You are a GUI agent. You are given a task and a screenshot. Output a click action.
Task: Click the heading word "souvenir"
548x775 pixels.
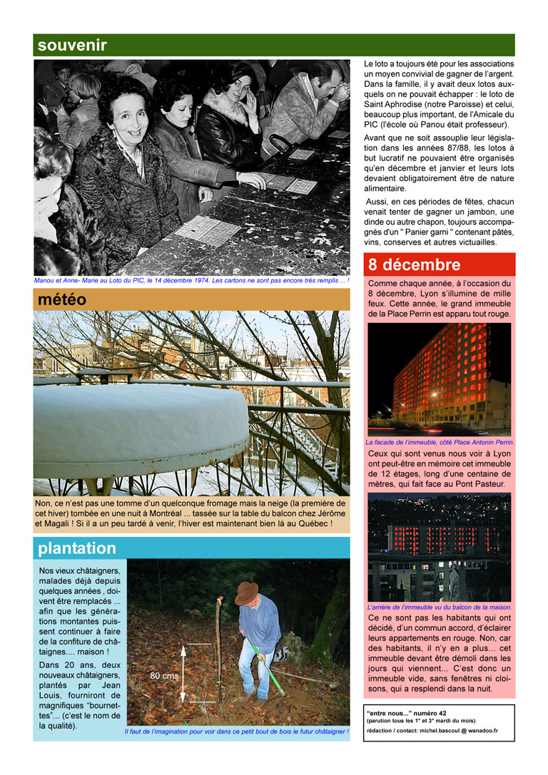coord(72,46)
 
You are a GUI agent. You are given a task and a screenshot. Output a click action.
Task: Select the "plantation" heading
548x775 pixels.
coord(77,548)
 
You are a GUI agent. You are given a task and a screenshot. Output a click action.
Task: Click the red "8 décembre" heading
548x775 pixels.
coord(414,265)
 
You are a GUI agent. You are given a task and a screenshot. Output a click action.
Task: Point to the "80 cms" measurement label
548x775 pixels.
coord(164,674)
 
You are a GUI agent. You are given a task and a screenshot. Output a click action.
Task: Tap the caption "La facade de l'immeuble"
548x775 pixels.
coord(439,442)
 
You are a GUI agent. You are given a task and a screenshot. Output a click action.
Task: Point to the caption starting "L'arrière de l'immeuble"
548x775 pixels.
coord(439,607)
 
